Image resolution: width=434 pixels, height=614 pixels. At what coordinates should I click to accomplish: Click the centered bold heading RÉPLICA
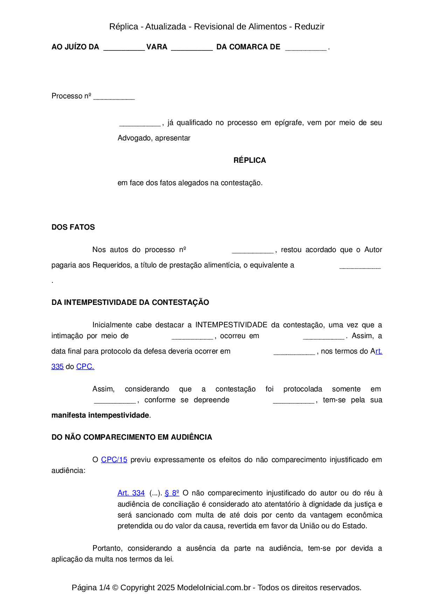250,160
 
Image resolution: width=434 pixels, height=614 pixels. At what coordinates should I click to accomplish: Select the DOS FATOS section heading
73,227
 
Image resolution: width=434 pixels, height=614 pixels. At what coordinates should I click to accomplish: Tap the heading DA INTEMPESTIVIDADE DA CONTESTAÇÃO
130,302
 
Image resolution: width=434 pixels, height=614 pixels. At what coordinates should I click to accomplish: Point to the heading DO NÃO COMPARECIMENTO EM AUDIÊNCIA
132,437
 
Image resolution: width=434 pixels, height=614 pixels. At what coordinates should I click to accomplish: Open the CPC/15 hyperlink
114,460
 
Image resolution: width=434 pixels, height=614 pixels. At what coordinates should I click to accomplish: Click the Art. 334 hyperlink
131,493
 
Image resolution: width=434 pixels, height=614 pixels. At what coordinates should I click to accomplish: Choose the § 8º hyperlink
172,493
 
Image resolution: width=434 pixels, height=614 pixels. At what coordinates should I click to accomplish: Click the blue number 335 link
57,367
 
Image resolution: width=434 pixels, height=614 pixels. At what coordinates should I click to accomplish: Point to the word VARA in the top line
157,47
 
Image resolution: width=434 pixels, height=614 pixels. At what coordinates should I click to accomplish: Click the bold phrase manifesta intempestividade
100,415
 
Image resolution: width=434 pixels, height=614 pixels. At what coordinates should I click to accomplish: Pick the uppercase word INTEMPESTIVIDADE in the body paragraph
231,325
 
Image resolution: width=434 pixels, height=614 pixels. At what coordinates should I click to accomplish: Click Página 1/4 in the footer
91,587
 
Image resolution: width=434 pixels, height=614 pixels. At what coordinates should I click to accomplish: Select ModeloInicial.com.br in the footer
214,587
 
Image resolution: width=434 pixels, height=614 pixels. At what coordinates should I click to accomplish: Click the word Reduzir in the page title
309,27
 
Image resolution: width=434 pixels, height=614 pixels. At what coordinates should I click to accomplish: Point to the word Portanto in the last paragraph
107,548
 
